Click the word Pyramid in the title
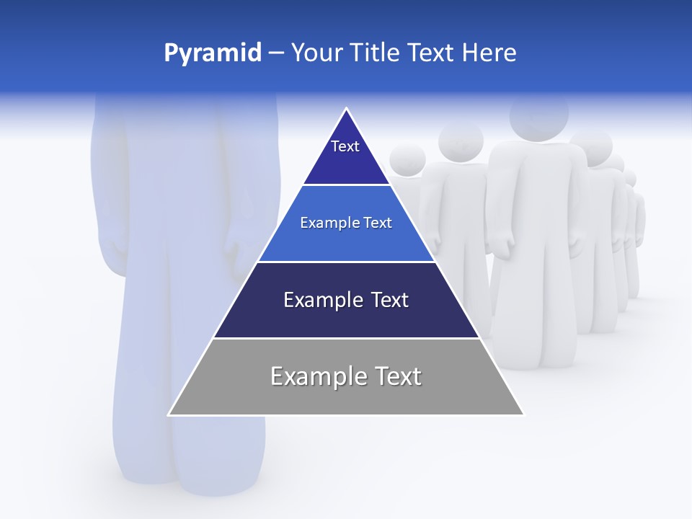(x=212, y=53)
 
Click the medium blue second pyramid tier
(x=346, y=234)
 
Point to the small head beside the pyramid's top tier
(x=408, y=159)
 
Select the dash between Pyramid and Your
(x=276, y=53)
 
